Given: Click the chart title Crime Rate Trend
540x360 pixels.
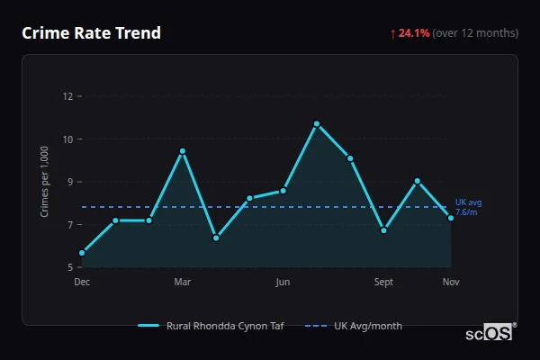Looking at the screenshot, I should point(91,33).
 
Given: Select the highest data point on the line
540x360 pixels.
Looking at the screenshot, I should point(317,123).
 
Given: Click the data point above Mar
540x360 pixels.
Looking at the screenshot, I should point(183,151).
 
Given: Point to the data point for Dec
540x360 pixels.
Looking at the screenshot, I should point(82,253).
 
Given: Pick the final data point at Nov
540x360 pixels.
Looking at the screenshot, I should point(451,218).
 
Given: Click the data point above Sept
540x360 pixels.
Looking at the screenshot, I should point(383,230).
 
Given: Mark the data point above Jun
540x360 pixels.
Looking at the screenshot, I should point(283,190).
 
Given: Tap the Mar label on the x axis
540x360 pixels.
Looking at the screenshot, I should point(183,283).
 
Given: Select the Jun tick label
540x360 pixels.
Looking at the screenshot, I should point(283,283).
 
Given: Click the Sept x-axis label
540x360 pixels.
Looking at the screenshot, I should point(383,283).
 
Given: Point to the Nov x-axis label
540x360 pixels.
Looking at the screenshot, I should point(451,283).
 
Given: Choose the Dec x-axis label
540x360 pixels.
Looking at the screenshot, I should point(82,283).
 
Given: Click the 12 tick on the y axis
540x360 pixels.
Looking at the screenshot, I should point(67,96).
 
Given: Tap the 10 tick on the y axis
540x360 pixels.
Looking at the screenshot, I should point(67,139).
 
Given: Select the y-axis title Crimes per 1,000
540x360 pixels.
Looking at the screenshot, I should point(45,182).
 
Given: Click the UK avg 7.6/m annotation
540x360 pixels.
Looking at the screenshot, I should point(468,207).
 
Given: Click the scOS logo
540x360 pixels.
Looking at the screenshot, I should point(490,333).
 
